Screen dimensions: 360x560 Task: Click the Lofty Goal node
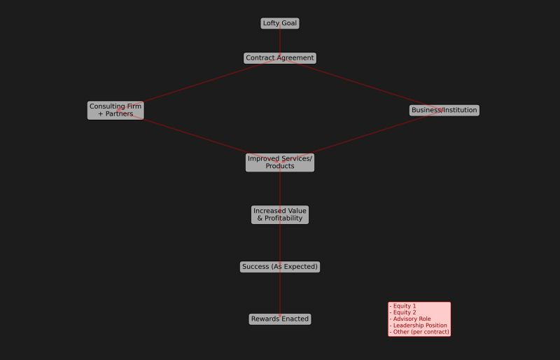point(280,23)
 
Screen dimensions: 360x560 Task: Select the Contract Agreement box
point(280,58)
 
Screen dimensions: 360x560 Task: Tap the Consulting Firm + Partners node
point(115,110)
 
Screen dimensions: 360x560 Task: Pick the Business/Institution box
point(444,110)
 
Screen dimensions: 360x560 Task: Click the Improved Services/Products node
point(280,162)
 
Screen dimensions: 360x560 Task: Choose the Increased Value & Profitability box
point(280,214)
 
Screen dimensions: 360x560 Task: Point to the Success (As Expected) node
point(280,267)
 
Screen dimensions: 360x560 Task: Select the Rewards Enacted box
point(280,319)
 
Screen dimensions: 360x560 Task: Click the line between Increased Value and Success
point(280,242)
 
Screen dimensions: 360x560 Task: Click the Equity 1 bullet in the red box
point(404,306)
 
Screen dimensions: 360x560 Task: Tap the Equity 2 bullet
point(404,312)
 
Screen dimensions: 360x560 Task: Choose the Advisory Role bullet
point(412,319)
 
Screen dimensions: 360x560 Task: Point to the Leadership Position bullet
point(419,325)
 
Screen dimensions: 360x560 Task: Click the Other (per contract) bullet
point(421,331)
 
